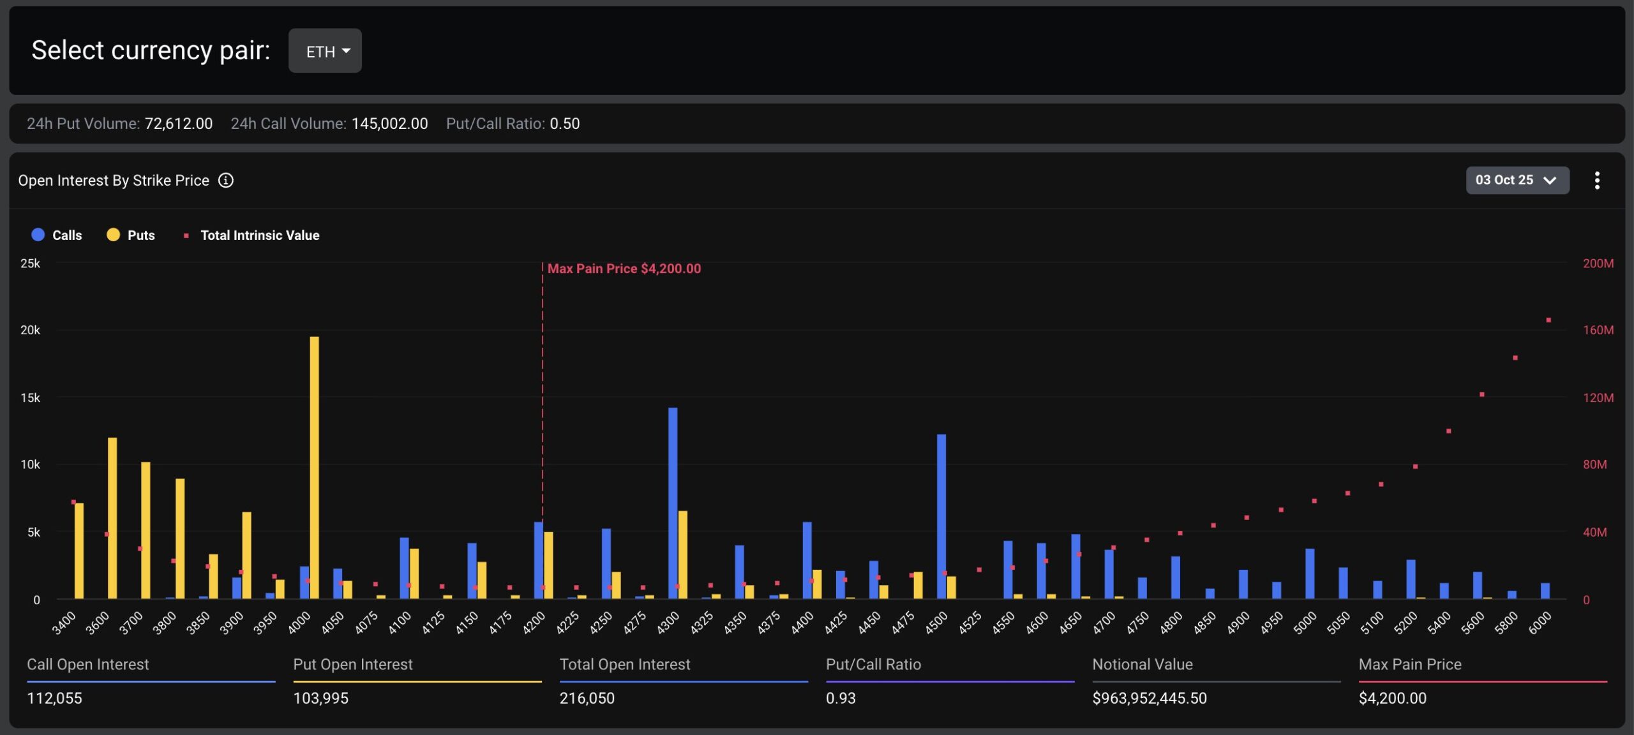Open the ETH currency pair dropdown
pos(325,51)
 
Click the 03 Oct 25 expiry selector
pos(1517,181)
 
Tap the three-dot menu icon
pos(1596,181)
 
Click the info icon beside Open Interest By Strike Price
pos(226,181)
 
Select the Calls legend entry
pos(57,235)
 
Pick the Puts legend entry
pos(131,235)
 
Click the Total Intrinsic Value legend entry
pos(251,235)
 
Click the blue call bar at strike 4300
pos(673,504)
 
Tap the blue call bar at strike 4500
pos(941,517)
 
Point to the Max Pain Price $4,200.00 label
pos(624,269)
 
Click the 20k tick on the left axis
pos(30,330)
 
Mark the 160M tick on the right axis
pos(1598,330)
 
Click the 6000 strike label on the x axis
pos(1539,623)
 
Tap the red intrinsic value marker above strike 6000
pos(1548,320)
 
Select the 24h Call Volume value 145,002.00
pos(389,124)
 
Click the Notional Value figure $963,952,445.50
pos(1149,698)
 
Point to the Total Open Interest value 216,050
pos(587,698)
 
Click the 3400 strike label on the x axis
pos(64,623)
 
